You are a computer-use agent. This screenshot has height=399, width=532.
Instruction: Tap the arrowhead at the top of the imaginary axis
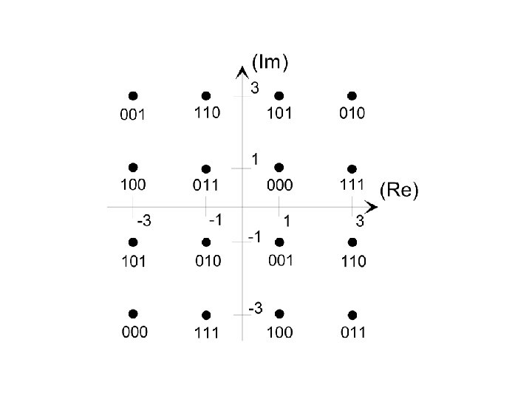[242, 71]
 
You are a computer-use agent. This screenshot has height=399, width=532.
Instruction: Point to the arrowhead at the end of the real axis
[372, 206]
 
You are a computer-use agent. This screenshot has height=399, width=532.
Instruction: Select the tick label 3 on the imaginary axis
[254, 89]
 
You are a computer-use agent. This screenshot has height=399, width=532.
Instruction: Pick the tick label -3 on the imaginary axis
[254, 308]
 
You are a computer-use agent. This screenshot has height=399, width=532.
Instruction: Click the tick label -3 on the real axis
[143, 221]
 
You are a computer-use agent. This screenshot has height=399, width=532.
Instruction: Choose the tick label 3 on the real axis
[360, 220]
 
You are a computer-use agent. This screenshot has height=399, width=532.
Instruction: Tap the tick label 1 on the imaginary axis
[254, 159]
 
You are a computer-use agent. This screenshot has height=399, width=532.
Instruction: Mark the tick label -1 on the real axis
[215, 219]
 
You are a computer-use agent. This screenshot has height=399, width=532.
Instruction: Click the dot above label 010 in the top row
[352, 95]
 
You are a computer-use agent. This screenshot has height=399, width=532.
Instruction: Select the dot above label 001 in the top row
[133, 95]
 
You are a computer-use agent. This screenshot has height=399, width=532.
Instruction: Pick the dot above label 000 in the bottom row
[133, 314]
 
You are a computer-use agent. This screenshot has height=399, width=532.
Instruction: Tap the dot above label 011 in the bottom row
[352, 315]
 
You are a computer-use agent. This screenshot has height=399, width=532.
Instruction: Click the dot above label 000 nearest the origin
[279, 168]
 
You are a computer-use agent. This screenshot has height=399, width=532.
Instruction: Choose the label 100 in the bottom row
[279, 332]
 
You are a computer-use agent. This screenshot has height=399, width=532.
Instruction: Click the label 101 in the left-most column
[134, 261]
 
